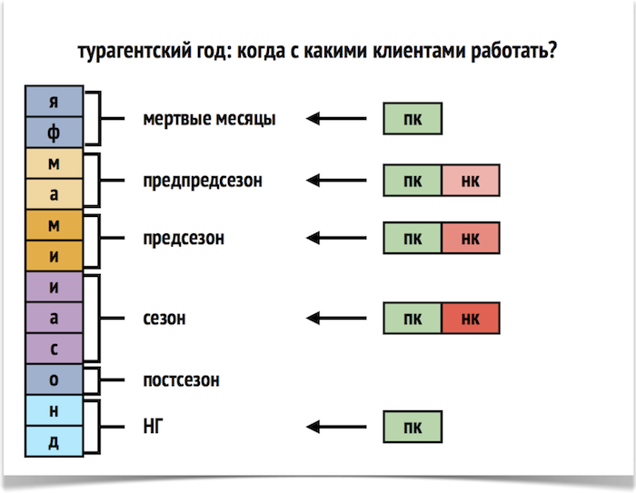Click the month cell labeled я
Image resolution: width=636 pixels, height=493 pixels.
coord(54,101)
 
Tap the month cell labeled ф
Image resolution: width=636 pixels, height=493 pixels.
coord(54,132)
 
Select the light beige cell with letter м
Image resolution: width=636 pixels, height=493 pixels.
coord(54,163)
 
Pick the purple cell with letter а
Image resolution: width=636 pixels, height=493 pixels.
coord(54,317)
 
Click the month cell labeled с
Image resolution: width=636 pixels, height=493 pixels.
coord(54,348)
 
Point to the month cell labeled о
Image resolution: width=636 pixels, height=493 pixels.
coord(54,379)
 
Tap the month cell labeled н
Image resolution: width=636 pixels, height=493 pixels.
coord(54,409)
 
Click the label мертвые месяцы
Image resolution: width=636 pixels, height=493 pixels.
coord(209,119)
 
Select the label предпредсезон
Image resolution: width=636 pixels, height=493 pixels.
coord(203,181)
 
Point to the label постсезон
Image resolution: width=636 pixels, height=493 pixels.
coord(181,380)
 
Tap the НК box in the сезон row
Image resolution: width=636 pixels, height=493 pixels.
coord(471,319)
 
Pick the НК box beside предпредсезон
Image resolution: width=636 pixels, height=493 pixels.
coord(471,181)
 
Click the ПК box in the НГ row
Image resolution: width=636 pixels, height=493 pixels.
coord(412,426)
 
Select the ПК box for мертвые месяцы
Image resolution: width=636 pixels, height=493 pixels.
coord(412,119)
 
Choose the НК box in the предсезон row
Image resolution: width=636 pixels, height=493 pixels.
coord(471,239)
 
